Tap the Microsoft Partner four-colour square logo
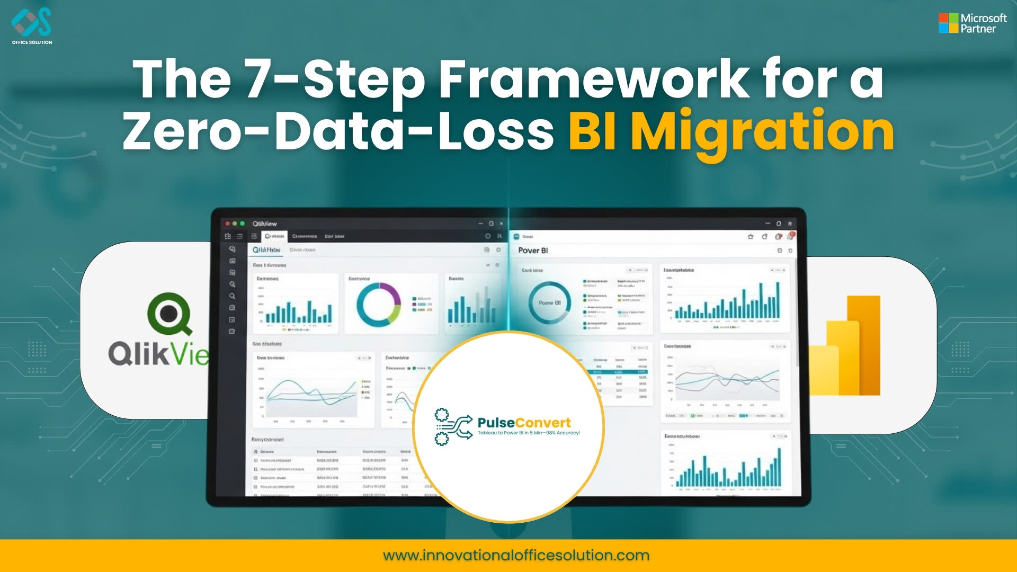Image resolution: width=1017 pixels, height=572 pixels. pos(948,23)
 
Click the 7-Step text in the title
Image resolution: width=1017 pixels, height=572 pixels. pos(334,79)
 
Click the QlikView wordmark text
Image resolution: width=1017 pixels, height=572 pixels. pos(159,353)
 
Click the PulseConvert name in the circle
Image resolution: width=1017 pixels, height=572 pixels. pos(524,423)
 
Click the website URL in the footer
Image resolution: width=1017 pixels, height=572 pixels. pos(516,556)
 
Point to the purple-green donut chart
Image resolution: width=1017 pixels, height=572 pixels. pos(379,304)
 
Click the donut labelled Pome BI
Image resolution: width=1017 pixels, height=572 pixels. pos(549,302)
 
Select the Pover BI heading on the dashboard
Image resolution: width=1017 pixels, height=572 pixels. pos(533,251)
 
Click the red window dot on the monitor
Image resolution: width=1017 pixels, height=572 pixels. pos(228,224)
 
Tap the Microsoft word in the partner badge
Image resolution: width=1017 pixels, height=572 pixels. pos(984,18)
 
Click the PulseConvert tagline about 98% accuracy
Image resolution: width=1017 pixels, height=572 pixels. pos(529,433)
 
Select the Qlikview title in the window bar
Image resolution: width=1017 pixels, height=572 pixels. pos(264,224)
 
